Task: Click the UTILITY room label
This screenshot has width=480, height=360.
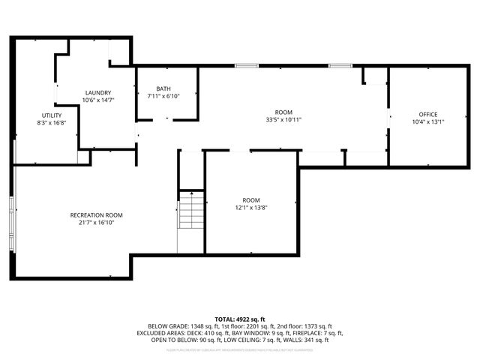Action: pos(52,115)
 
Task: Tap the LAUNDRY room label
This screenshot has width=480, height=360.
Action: pos(97,92)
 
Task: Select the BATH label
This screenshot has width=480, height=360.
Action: pos(163,88)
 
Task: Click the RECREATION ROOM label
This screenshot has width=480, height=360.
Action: pos(96,215)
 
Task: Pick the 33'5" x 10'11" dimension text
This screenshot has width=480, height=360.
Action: pos(283,119)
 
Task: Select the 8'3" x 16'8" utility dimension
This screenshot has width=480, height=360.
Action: pos(52,122)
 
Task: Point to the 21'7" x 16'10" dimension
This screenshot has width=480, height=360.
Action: pos(96,223)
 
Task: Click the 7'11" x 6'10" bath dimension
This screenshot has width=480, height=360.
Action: pos(163,96)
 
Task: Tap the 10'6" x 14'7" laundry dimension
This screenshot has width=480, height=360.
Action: pos(97,100)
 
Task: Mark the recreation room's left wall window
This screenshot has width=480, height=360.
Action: pos(10,217)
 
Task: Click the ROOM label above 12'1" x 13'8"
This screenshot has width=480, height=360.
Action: pos(251,199)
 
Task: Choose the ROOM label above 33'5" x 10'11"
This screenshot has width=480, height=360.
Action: pos(283,112)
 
